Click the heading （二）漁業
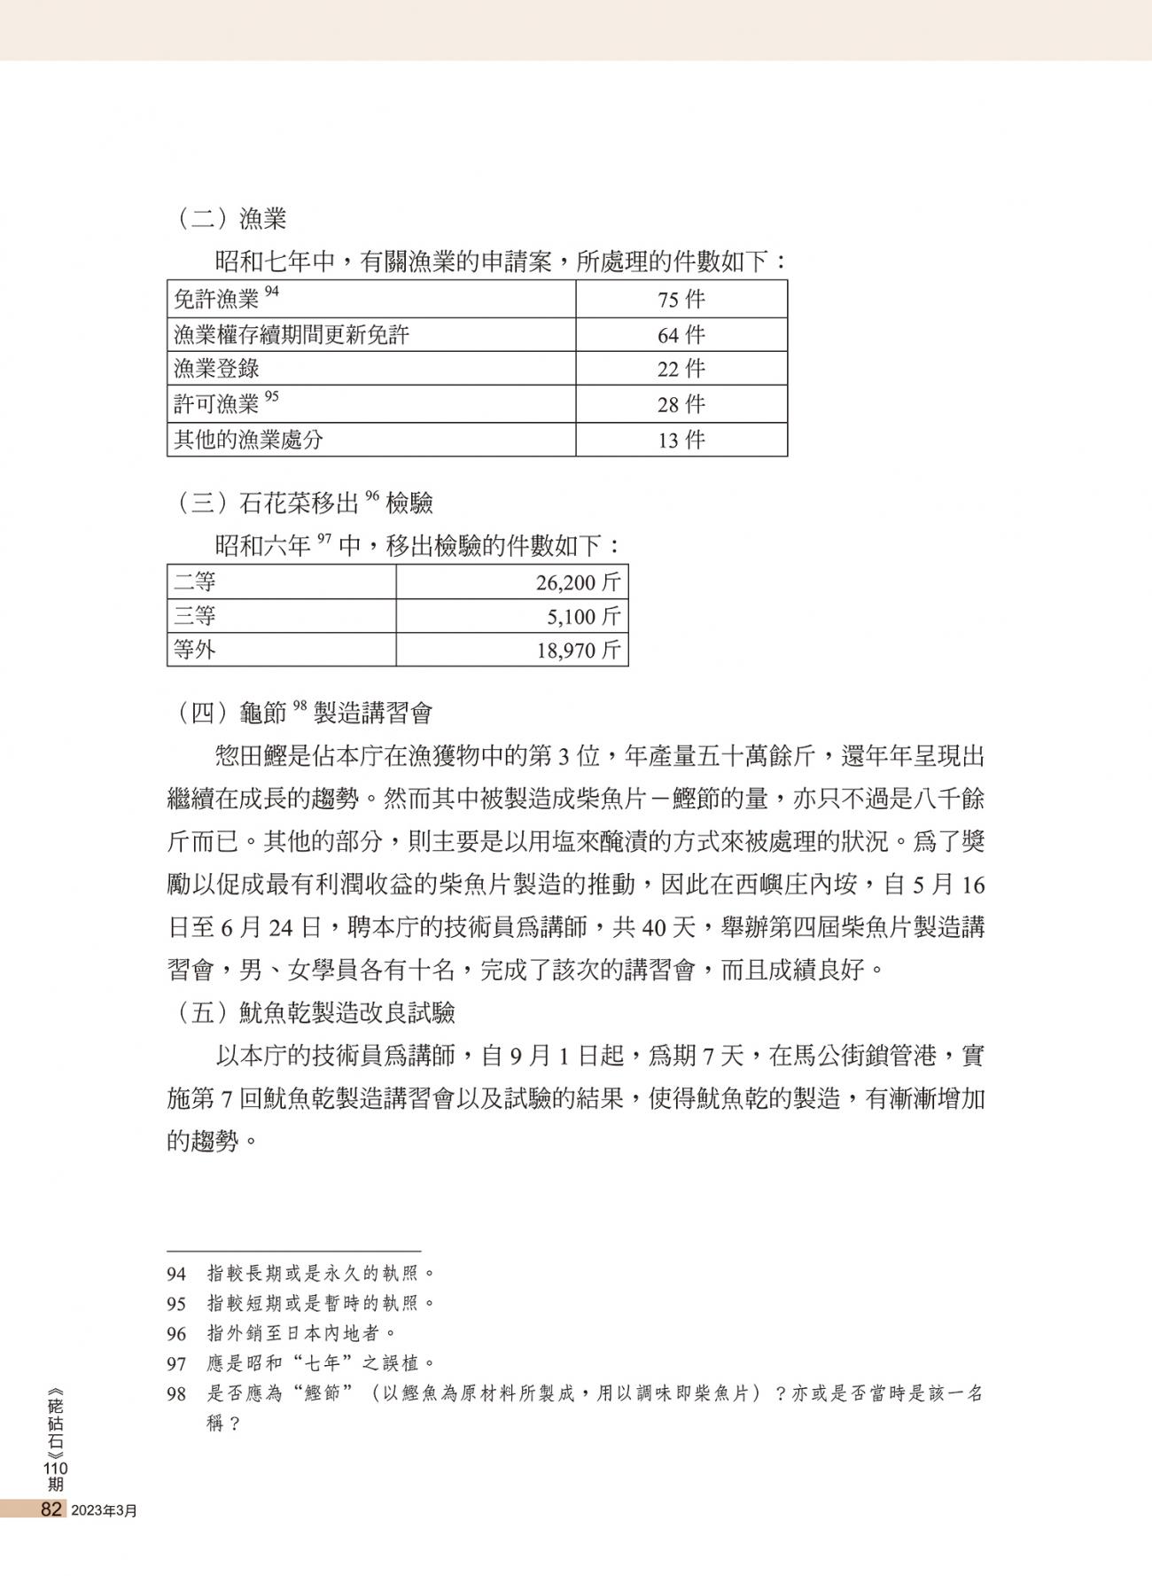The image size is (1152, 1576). pos(228,218)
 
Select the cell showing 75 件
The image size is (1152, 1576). pos(681,300)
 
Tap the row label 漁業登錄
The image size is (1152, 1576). pos(216,369)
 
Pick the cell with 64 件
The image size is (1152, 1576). pos(681,335)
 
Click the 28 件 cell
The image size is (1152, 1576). pos(681,404)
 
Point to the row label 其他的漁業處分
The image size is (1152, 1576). pos(248,439)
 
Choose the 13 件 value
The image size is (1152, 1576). pos(681,439)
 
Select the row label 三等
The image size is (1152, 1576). pos(195,616)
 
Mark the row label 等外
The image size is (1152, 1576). pos(195,651)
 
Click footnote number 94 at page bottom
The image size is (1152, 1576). pos(176,1275)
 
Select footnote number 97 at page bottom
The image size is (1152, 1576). pos(176,1363)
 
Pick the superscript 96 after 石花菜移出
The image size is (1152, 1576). pos(371,497)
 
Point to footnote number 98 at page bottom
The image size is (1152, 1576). pos(176,1394)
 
